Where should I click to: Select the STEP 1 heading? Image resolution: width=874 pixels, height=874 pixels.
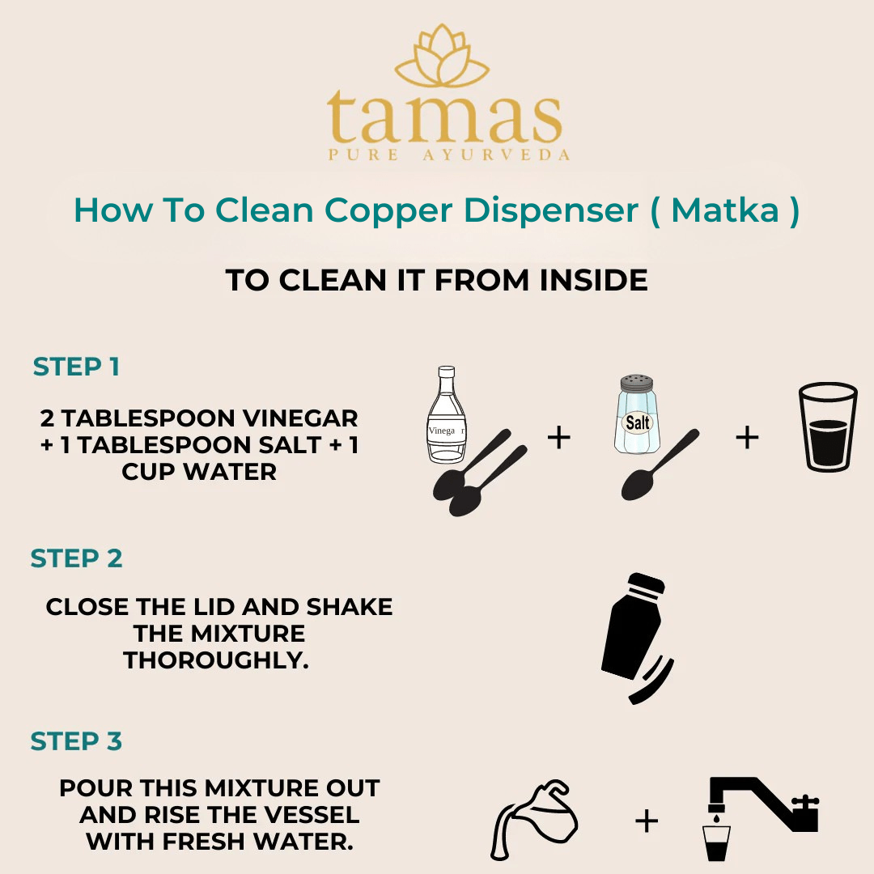click(76, 367)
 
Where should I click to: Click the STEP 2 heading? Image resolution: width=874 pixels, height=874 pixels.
click(76, 558)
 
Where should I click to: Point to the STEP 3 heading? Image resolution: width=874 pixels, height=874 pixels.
click(76, 741)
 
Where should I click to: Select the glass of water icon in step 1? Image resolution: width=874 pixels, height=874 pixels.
click(827, 426)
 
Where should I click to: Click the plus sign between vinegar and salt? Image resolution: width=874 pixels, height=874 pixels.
click(559, 437)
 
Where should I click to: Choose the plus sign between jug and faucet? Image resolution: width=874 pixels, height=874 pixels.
click(646, 821)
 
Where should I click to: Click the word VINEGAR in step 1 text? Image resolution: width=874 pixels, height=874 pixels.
click(298, 418)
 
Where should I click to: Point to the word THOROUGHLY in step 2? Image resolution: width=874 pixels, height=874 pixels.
click(216, 660)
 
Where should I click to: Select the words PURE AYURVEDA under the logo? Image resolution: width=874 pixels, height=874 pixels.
click(448, 155)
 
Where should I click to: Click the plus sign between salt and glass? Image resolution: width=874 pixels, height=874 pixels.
click(747, 437)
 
